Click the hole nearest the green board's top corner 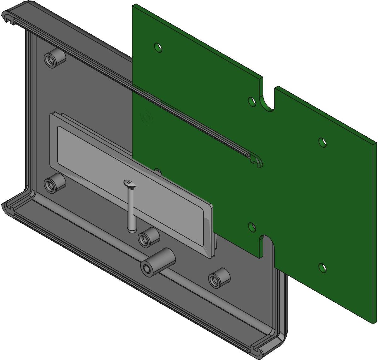point(158,48)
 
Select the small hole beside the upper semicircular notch point(252,101)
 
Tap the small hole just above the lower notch point(252,226)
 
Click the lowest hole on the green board point(322,268)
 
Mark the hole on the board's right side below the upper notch point(322,142)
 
